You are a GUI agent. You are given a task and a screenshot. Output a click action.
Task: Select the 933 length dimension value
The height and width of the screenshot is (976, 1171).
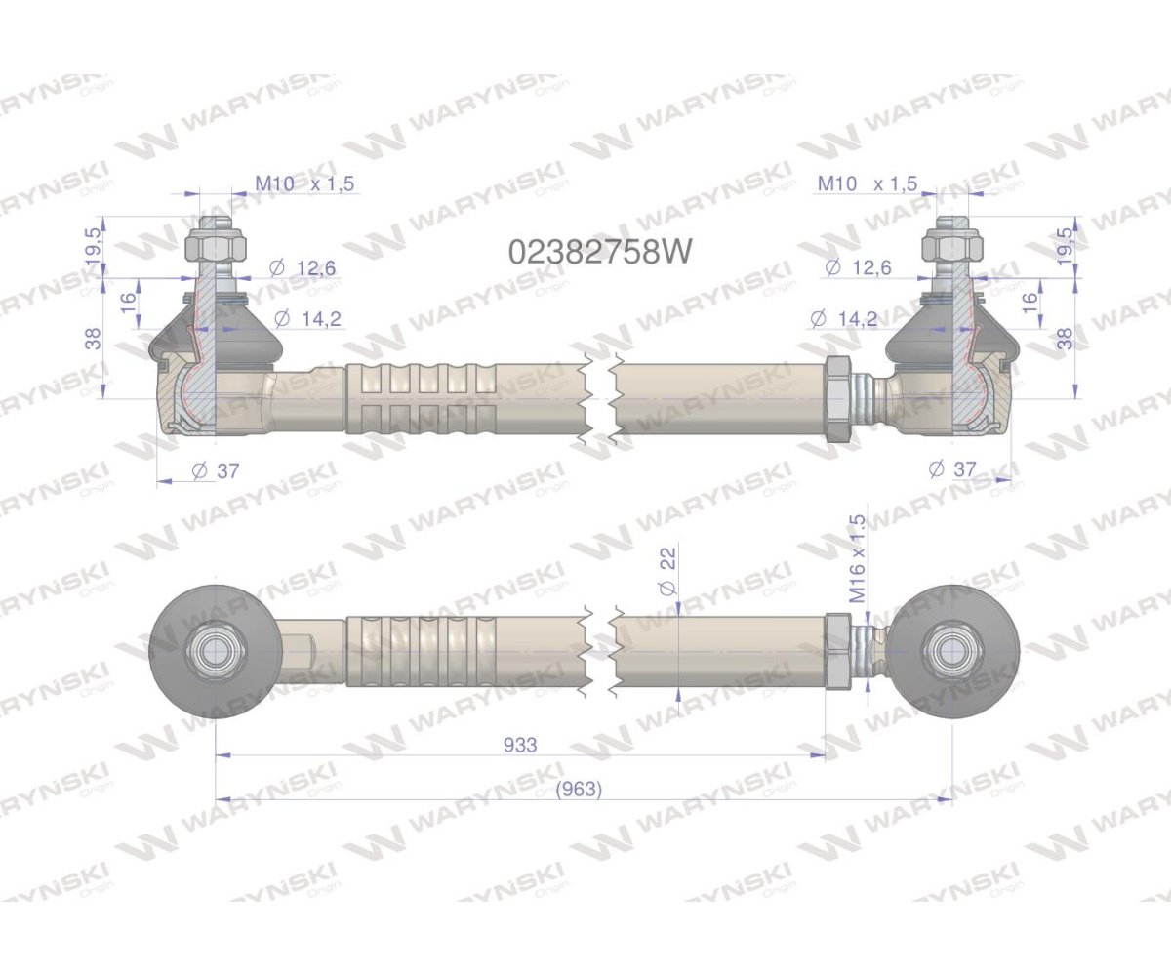(520, 745)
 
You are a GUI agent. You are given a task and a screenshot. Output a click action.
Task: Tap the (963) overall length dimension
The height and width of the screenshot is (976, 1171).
(578, 790)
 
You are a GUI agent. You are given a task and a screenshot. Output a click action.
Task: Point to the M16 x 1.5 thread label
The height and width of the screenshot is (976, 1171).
(858, 559)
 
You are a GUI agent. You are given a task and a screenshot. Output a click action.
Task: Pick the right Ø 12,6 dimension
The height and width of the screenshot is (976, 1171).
(859, 266)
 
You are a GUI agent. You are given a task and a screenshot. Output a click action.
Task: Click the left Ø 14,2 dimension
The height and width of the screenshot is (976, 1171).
(307, 318)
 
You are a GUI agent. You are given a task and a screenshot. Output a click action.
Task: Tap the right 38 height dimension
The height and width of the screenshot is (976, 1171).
(1065, 338)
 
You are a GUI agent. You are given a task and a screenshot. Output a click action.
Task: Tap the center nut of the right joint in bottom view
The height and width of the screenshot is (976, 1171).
(952, 650)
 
